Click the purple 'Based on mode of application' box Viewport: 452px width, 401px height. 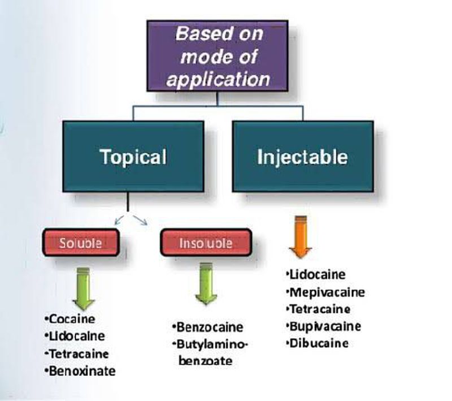coord(218,56)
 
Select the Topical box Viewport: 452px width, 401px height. coord(133,156)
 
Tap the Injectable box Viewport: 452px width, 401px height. coord(302,156)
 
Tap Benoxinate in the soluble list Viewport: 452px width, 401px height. coord(82,371)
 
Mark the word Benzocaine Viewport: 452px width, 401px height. coord(210,327)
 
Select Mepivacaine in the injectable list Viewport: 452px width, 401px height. coord(327,292)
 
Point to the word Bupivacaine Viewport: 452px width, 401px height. coord(325,326)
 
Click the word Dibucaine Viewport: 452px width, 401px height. coord(319,343)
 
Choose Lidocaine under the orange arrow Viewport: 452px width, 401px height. coord(318,275)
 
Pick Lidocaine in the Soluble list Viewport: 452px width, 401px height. coord(77,336)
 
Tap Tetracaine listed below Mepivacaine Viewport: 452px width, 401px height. coord(320,309)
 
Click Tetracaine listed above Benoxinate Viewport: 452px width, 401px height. coord(79,353)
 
